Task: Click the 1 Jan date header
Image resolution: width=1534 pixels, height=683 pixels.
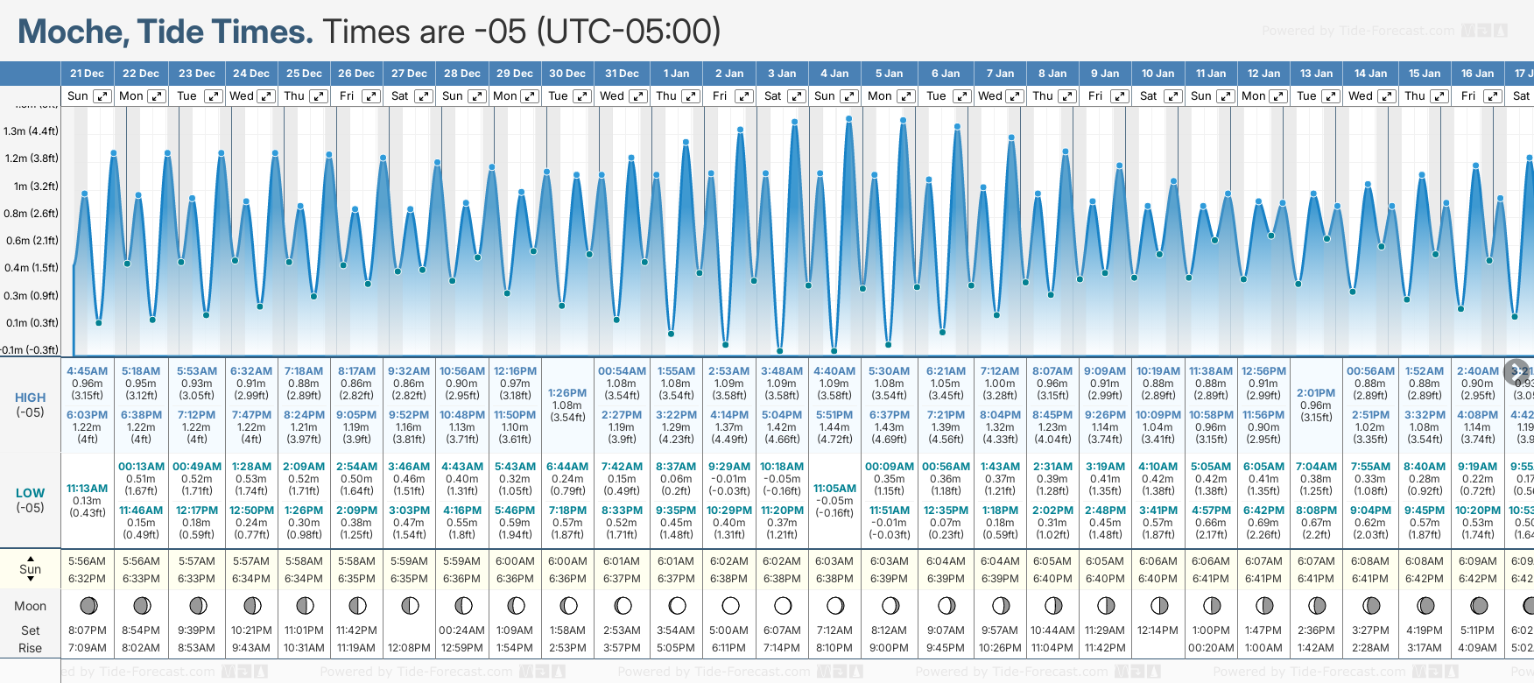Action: click(676, 74)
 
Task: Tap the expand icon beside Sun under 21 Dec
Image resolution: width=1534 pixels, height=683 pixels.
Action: click(102, 96)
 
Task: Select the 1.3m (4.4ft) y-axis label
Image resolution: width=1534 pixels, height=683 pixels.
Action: click(31, 131)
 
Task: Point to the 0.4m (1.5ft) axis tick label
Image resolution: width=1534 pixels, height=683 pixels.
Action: click(31, 268)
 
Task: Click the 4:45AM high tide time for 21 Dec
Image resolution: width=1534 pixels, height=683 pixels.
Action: click(88, 371)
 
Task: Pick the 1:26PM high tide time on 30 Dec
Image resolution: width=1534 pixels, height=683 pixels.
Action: click(567, 393)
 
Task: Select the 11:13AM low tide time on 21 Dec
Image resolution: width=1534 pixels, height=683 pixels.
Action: click(88, 489)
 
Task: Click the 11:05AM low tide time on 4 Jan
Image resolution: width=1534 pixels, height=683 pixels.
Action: click(834, 489)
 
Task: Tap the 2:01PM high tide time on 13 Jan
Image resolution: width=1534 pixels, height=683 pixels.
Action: click(1316, 393)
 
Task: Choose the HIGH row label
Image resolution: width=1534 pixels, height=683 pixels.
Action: click(30, 398)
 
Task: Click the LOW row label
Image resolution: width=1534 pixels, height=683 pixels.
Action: click(30, 493)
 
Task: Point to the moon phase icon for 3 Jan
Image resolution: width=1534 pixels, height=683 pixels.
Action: click(783, 605)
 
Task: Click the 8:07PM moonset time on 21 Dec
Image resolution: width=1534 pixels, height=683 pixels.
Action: click(88, 630)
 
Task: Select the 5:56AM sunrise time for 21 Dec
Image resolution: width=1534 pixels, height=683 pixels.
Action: click(88, 561)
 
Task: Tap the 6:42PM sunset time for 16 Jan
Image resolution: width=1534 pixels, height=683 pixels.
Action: click(1477, 579)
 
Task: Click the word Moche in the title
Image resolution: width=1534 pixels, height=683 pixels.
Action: click(73, 32)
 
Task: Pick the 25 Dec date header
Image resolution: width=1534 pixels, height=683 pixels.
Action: click(304, 74)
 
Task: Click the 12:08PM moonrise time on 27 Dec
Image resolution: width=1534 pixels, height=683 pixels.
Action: click(409, 648)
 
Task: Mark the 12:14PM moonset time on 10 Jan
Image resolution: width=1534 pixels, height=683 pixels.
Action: click(1158, 630)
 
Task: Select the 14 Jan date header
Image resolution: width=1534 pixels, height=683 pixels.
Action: click(1370, 74)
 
